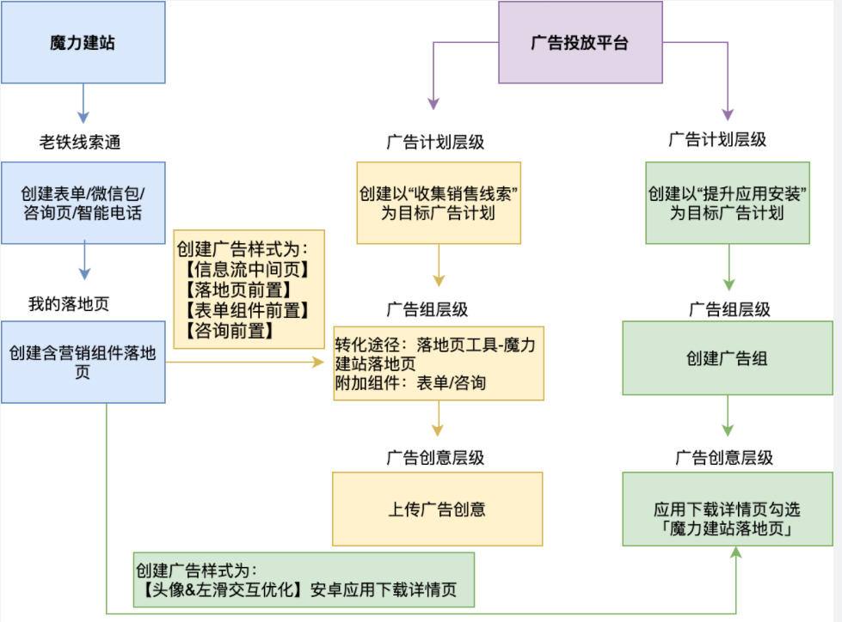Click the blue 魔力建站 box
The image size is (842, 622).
coord(83,43)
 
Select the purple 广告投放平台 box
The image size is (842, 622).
coord(581,43)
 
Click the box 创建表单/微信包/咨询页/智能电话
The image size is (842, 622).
coord(83,203)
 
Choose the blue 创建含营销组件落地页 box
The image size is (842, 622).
coord(83,363)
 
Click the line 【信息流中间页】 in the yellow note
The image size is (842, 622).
coord(247,270)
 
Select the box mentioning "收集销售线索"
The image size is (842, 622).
coord(439,203)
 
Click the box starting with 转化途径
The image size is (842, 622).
coord(439,363)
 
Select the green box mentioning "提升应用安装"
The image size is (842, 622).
coord(728,203)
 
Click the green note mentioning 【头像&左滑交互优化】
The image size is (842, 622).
coord(304,581)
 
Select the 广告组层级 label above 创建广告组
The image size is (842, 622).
coord(729,309)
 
